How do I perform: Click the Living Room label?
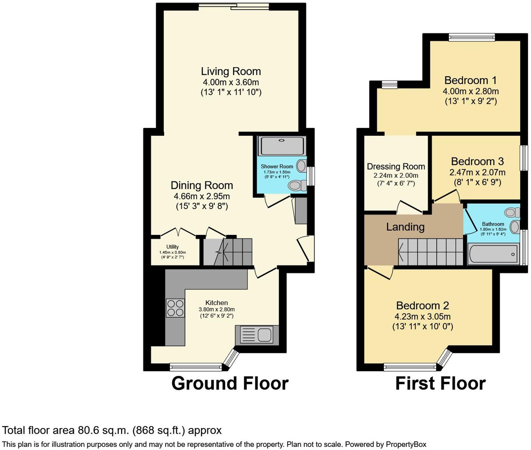tap(231, 71)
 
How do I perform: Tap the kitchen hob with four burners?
tap(175, 308)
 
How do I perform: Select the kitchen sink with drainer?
tap(257, 335)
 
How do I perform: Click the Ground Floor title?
tap(230, 383)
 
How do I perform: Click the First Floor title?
tap(440, 383)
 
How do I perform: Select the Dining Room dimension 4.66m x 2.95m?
tap(202, 196)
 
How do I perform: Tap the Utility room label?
tap(172, 247)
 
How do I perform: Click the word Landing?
tap(405, 227)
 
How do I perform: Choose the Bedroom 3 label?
tap(477, 161)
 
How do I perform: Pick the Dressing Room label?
tap(396, 167)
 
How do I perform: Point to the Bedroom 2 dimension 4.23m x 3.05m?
tap(422, 316)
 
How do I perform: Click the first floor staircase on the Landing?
tap(430, 252)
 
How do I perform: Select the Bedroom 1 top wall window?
tap(472, 37)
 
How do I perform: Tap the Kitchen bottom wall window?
tap(196, 367)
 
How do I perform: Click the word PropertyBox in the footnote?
tap(406, 444)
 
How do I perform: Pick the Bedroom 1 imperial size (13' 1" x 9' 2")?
tap(471, 101)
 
